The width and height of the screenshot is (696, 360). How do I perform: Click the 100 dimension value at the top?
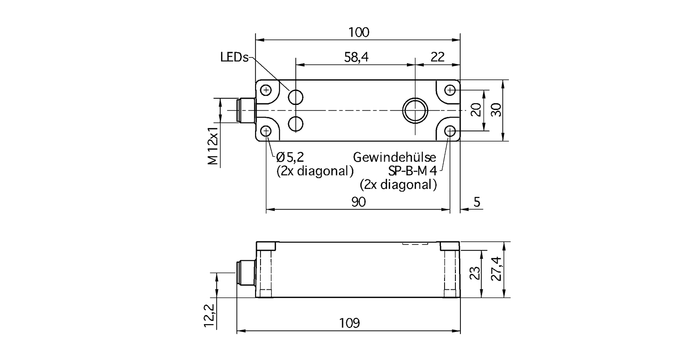click(359, 33)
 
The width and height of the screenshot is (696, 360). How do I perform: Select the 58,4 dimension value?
click(356, 57)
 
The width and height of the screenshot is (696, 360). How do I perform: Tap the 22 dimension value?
click(437, 57)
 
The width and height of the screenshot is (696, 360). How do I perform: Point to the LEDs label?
click(235, 57)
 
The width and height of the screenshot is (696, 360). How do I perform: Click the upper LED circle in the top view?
click(295, 97)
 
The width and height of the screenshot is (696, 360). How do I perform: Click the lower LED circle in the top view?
click(295, 124)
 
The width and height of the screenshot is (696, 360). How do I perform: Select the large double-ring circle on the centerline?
click(415, 110)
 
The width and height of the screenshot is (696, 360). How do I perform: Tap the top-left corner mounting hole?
click(266, 91)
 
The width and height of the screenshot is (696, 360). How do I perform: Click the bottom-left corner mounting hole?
click(266, 131)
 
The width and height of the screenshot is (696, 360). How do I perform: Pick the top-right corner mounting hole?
click(450, 91)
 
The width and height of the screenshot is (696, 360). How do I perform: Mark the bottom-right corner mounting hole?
click(450, 131)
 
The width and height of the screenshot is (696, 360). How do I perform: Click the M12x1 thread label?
click(213, 146)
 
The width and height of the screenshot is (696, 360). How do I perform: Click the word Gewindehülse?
click(395, 158)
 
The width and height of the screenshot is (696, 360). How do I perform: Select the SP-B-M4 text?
click(412, 171)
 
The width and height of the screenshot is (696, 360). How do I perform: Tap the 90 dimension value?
click(358, 202)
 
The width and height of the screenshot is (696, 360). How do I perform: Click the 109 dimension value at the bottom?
click(349, 323)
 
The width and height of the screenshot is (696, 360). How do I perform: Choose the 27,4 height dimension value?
click(496, 269)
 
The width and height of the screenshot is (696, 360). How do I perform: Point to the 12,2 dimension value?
click(209, 315)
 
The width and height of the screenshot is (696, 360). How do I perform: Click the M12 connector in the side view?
click(246, 273)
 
